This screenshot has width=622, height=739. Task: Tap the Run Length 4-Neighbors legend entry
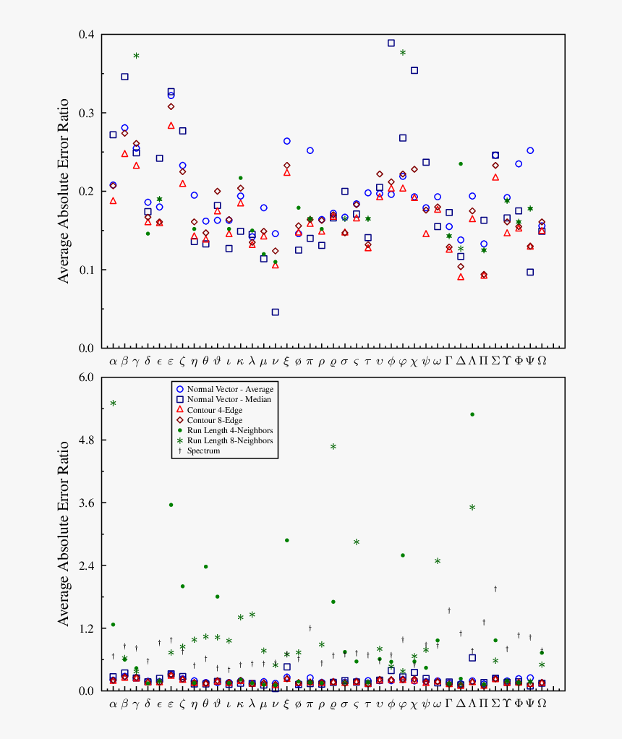tap(229, 430)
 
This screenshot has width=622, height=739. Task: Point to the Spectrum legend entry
tap(203, 450)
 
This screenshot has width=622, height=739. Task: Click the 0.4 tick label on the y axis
tap(87, 35)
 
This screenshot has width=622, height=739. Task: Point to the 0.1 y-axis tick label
tap(87, 270)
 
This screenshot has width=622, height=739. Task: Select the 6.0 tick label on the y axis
tap(87, 377)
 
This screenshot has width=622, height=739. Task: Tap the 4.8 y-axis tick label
tap(87, 440)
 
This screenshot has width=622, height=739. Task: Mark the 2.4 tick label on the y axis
tap(87, 565)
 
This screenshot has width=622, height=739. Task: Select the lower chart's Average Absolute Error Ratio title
tap(64, 533)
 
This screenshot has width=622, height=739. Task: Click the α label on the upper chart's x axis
tap(113, 361)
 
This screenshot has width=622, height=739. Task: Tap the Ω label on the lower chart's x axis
tap(542, 703)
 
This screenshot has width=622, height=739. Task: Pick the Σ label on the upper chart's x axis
tap(495, 361)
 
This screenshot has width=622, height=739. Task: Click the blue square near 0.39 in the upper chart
tap(391, 43)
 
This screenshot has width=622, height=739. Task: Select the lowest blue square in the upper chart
tap(276, 312)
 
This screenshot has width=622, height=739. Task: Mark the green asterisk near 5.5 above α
tap(113, 403)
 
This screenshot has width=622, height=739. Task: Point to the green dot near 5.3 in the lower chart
tap(472, 414)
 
